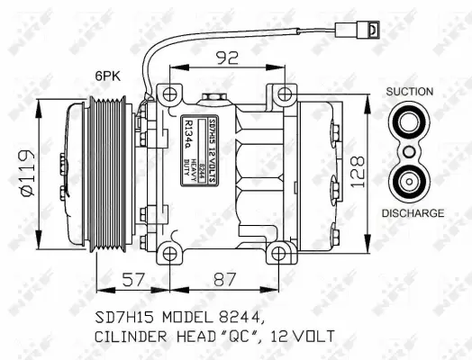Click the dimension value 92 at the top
[226, 58]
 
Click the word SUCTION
[410, 92]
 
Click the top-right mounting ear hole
[284, 93]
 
